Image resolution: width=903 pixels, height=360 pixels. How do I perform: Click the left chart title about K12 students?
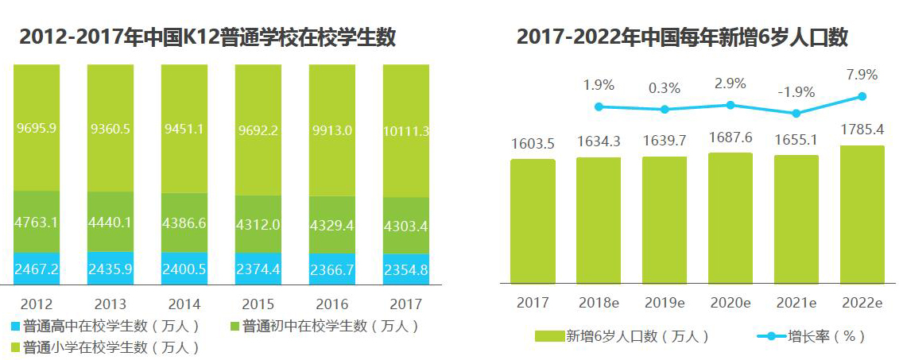click(207, 37)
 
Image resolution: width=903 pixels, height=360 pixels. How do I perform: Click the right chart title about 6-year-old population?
click(683, 37)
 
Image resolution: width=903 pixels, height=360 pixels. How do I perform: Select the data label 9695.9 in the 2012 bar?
click(36, 127)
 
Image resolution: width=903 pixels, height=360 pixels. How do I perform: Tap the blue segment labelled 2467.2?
click(36, 269)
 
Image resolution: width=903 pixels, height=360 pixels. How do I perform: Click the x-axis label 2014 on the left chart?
click(184, 304)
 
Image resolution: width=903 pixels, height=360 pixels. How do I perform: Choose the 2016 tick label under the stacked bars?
click(331, 304)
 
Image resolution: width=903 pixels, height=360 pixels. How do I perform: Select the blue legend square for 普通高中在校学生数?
click(15, 326)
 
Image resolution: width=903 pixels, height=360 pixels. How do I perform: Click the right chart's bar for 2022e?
click(862, 215)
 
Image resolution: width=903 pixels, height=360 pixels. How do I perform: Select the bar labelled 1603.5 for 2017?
click(533, 221)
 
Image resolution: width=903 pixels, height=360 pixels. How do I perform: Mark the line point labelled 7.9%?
click(862, 96)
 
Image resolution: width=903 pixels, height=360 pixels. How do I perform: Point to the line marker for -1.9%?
click(796, 113)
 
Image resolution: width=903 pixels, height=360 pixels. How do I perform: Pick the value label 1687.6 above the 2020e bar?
click(730, 137)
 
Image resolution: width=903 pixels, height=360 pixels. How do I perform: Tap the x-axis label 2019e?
click(665, 304)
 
